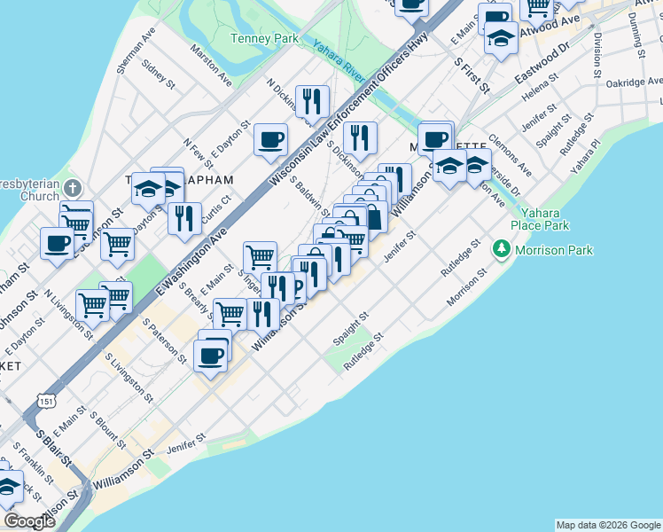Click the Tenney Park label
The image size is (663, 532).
pos(264,38)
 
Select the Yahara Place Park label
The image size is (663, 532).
pos(546,220)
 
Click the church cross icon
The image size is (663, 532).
pos(74,188)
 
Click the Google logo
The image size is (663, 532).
pos(29,521)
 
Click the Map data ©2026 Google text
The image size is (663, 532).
pos(607,525)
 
